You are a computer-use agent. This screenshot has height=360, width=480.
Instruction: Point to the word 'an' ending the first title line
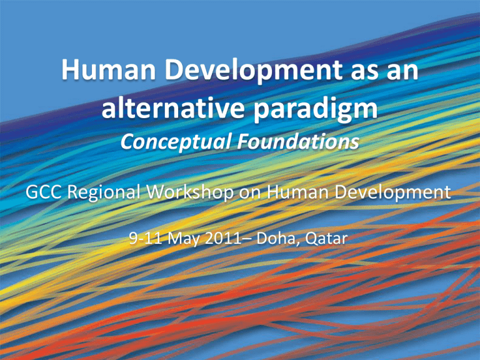[x=402, y=72]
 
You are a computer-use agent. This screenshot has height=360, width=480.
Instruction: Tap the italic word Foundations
[x=298, y=141]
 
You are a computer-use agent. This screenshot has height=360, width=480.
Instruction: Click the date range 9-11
[x=146, y=238]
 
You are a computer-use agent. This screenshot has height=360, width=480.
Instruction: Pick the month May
[x=183, y=239]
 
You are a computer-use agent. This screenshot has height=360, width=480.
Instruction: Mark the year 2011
[x=223, y=238]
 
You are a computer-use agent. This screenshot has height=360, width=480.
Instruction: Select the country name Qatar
[x=326, y=239]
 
